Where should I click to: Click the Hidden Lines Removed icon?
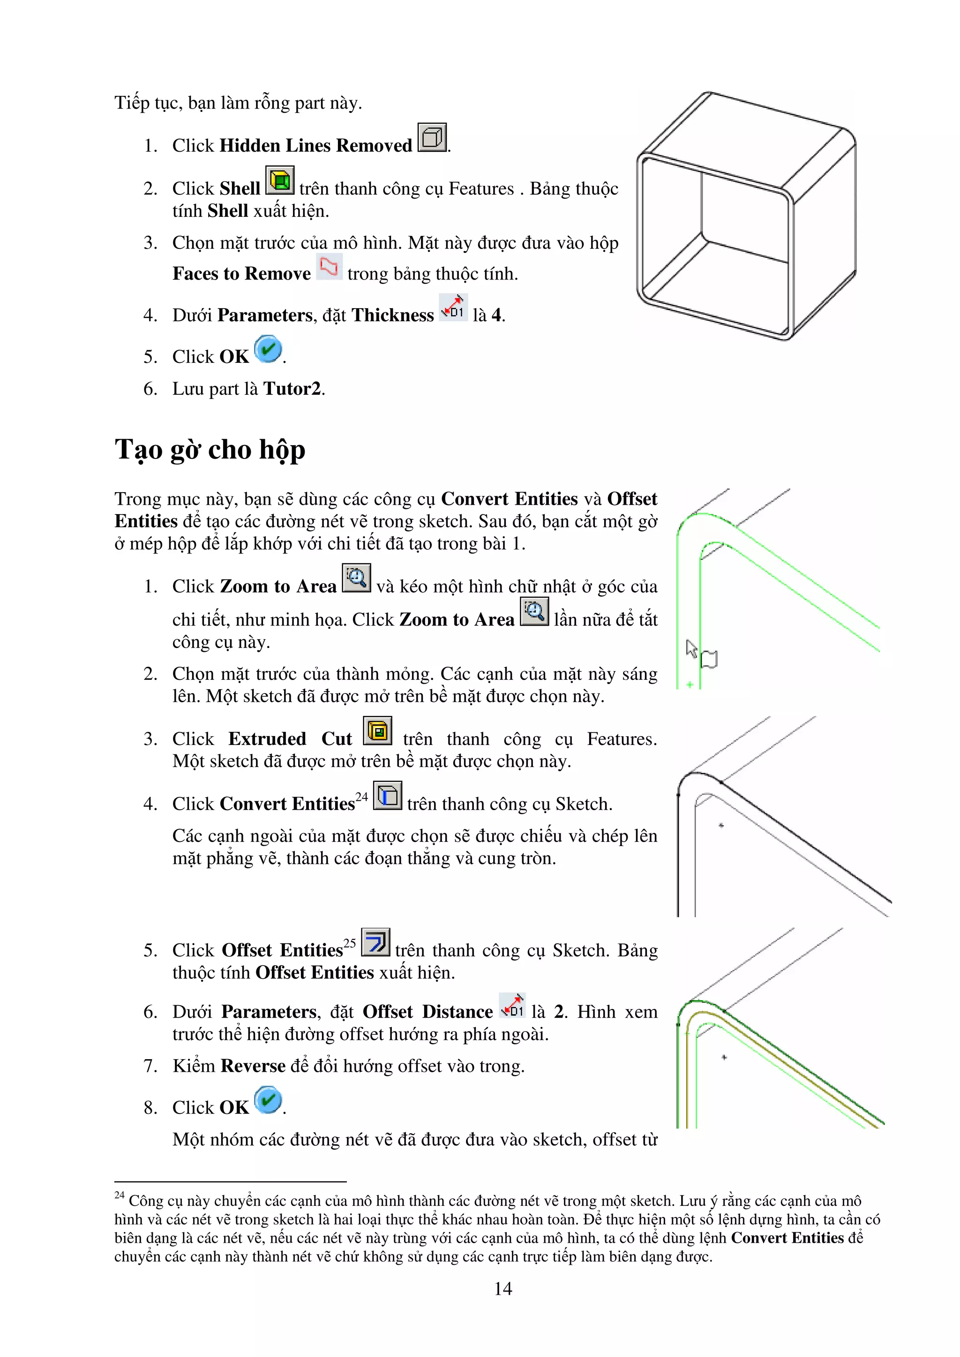point(432,137)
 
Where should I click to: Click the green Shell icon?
point(280,180)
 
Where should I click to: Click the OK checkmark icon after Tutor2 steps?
point(268,349)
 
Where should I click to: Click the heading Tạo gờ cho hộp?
point(210,450)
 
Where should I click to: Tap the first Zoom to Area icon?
point(356,578)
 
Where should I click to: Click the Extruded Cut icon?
point(377,731)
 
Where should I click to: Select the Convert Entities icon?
point(388,796)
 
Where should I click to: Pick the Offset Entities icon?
point(375,942)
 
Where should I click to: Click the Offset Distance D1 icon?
point(512,1005)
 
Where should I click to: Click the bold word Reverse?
point(253,1066)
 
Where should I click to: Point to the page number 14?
point(503,1289)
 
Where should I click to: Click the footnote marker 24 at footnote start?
point(119,1195)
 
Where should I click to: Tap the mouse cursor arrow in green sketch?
point(691,649)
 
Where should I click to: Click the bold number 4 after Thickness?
point(496,315)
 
